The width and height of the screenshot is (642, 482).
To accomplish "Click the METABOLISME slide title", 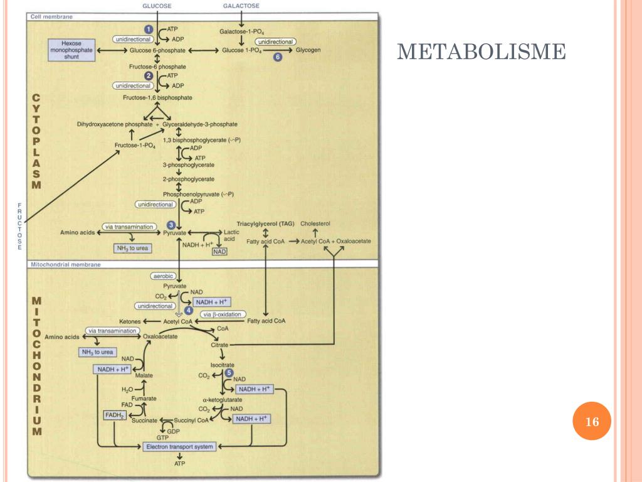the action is [481, 51].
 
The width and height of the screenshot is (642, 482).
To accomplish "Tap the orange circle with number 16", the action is [592, 421].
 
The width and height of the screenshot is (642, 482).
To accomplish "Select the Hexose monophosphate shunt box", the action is [71, 50].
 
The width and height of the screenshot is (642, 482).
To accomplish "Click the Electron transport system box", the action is [179, 447].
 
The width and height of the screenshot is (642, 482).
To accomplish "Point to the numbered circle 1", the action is [149, 29].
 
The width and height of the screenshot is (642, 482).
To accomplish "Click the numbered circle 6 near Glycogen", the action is [278, 57].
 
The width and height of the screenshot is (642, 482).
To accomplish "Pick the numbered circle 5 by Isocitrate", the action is [229, 373].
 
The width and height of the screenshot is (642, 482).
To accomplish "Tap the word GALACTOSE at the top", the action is [241, 6].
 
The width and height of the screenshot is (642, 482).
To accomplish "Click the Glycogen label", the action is [308, 50].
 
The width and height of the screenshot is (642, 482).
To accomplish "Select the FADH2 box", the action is [115, 415].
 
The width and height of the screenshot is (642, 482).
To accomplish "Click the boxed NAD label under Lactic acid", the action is [219, 252].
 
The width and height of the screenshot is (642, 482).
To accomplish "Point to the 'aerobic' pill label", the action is [164, 276].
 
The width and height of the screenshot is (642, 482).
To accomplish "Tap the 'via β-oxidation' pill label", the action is [223, 314].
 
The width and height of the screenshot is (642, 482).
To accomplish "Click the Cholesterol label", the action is [315, 224].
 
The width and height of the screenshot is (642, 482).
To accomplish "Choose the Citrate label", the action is [219, 345].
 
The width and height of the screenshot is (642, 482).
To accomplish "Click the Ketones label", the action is [130, 322].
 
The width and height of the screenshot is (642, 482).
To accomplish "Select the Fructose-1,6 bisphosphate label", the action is [157, 97].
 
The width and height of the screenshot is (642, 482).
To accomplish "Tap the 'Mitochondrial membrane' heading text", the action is [66, 265].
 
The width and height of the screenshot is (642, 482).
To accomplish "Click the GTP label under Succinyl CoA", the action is [162, 437].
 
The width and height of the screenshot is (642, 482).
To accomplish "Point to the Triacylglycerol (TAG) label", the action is [265, 224].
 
